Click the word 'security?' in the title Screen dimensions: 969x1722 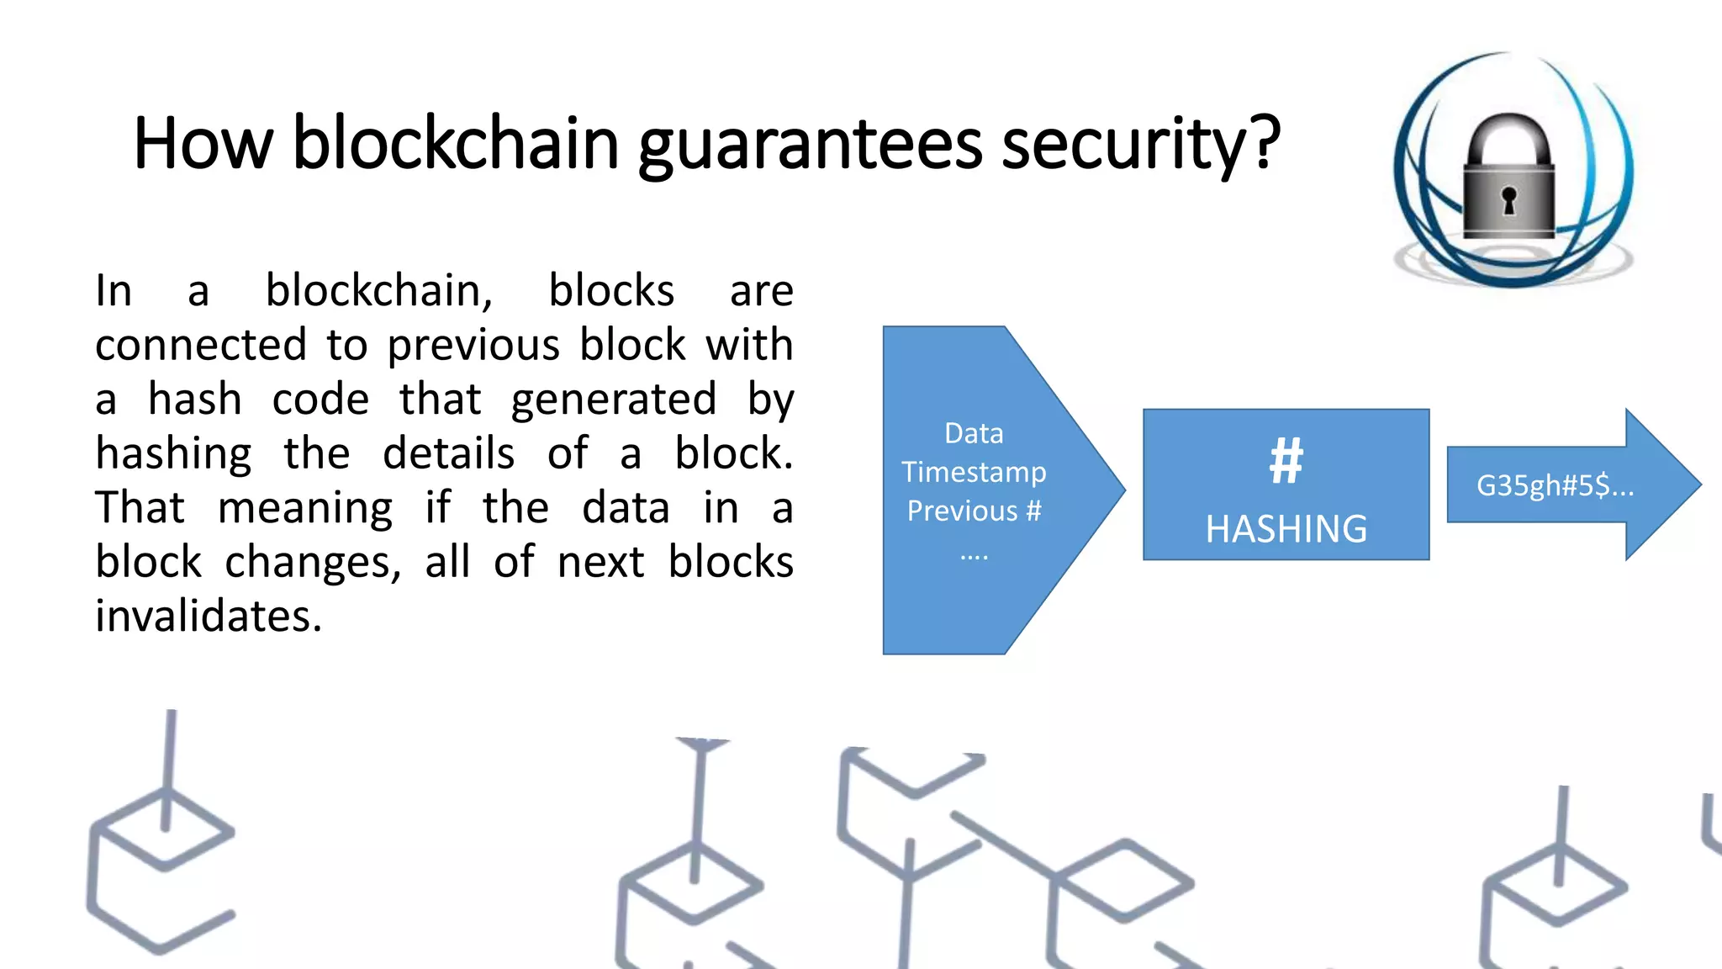(x=1141, y=145)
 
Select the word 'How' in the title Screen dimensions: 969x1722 (x=203, y=145)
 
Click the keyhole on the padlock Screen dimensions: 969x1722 (x=1508, y=200)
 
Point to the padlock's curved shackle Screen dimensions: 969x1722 (x=1508, y=135)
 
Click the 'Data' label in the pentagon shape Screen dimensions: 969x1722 (x=974, y=433)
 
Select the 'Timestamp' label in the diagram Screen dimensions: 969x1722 (x=974, y=472)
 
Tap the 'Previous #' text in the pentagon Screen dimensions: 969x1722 (x=974, y=511)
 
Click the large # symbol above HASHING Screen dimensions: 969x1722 (x=1286, y=461)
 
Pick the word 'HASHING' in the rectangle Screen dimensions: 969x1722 (x=1286, y=529)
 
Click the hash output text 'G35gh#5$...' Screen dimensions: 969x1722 (x=1555, y=485)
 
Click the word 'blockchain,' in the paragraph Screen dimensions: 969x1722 (x=379, y=291)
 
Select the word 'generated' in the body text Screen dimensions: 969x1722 (x=614, y=400)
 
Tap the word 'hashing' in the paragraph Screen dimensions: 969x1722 (x=173, y=454)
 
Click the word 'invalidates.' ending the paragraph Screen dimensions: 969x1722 (x=209, y=616)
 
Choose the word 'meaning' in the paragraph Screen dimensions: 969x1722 (x=305, y=508)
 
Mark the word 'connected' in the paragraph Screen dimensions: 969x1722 (x=200, y=345)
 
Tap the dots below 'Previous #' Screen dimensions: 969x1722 (x=974, y=556)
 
